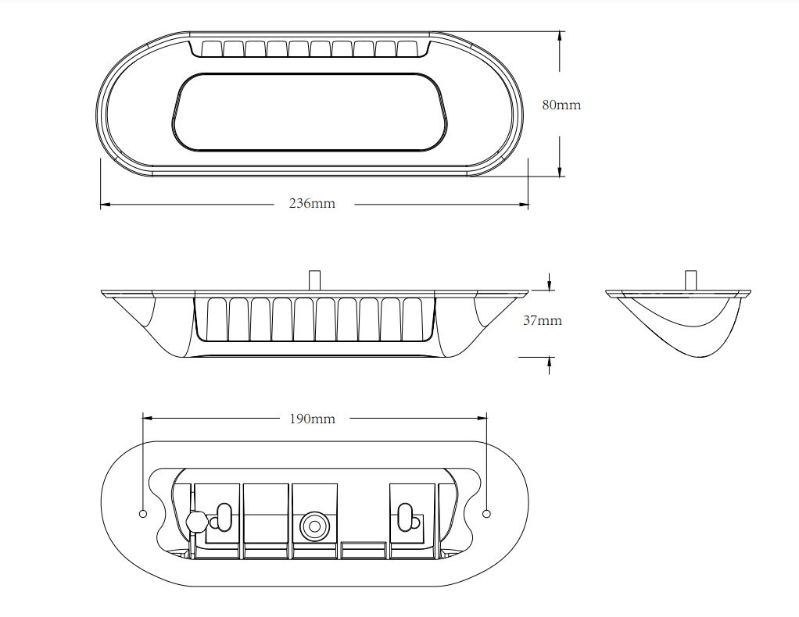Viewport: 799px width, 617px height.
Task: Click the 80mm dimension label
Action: coord(561,105)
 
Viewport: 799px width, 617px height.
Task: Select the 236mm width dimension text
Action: coord(312,204)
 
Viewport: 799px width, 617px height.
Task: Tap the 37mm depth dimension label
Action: coord(542,320)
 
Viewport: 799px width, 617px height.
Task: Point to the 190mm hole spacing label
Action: coord(312,419)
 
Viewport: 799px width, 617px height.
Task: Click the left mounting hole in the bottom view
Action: coord(142,513)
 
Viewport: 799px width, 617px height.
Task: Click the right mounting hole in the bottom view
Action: coord(486,513)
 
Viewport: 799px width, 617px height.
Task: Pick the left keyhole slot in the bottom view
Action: coord(224,515)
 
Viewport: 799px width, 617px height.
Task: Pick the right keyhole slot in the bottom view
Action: coord(405,515)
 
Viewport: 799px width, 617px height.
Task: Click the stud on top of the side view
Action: coord(314,279)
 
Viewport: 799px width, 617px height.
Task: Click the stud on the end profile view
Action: coord(690,279)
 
